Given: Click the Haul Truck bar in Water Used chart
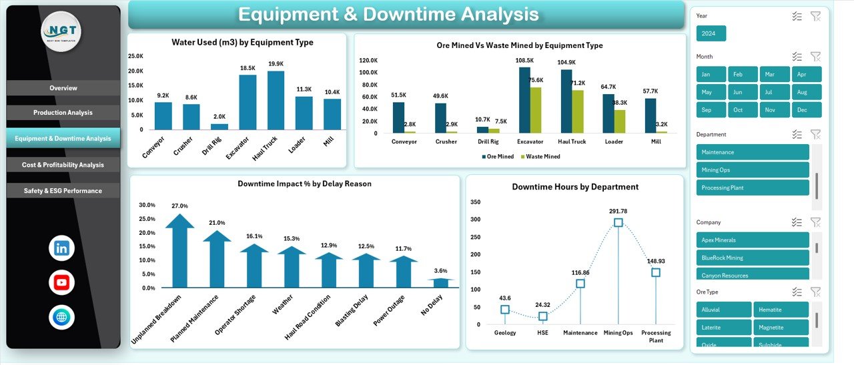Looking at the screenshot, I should coord(276,101).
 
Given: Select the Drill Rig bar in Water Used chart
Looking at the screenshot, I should coord(220,126).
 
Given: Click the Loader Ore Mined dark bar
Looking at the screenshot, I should coord(608,113).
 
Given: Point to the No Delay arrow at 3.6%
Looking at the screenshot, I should coord(440,283).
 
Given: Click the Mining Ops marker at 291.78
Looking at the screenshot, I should coord(618,223).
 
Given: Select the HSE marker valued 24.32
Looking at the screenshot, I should coord(543,316).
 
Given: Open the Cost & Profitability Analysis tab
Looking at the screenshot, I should coord(63,165).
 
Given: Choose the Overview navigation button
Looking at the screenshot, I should coord(63,88).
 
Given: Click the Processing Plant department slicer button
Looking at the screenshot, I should coord(752,188).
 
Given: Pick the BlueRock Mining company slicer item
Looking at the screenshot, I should coord(752,258).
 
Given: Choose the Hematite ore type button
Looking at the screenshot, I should coord(781,310).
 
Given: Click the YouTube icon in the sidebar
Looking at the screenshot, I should coord(61,282).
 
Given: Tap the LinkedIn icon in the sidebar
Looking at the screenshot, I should coord(61,248).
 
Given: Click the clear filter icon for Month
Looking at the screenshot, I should coord(815,57).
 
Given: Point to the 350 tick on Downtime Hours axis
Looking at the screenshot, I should coord(476,202).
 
